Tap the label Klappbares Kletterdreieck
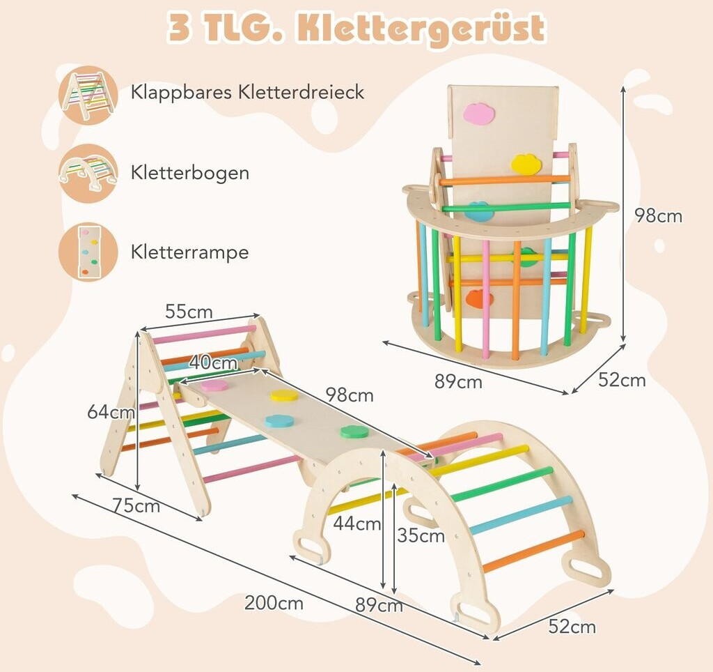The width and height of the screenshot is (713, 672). click(x=247, y=91)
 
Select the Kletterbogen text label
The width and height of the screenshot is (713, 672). click(x=189, y=172)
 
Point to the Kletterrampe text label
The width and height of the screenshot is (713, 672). click(x=189, y=252)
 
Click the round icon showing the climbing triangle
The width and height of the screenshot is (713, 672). click(x=88, y=95)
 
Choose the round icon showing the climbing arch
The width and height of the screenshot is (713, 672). click(x=88, y=174)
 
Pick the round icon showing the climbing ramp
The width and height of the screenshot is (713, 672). click(x=88, y=252)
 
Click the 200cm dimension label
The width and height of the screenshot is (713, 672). click(x=274, y=603)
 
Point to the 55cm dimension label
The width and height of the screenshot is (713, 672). click(x=189, y=312)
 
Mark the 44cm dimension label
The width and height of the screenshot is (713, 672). click(x=356, y=524)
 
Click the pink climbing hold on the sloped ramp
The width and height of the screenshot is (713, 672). click(x=214, y=385)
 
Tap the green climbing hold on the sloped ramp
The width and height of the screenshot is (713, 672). click(x=354, y=432)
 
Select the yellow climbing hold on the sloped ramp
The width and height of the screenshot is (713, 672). click(x=284, y=395)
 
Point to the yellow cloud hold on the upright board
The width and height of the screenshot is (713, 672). click(x=526, y=164)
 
